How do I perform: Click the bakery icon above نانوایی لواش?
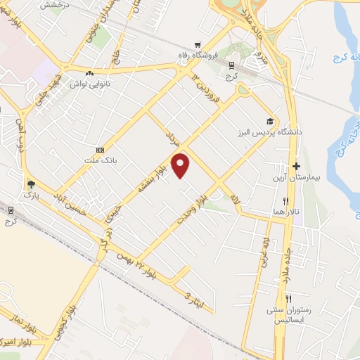click(89, 73)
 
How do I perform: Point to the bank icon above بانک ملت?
click(100, 149)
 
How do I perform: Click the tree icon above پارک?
click(30, 184)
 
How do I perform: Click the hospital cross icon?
click(297, 167)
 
